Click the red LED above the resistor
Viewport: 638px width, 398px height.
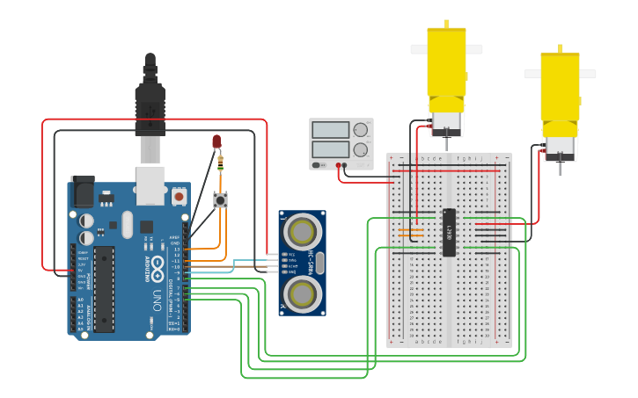click(216, 141)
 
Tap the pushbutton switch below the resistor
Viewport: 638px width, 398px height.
click(220, 200)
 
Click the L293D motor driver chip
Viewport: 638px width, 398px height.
click(449, 233)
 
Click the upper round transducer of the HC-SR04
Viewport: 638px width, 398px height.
click(303, 232)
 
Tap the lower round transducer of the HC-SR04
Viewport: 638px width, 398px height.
click(303, 291)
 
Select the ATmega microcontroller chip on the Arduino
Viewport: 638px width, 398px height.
click(105, 288)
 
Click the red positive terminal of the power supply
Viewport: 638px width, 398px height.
click(341, 164)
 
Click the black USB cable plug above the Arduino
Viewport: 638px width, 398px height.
click(150, 105)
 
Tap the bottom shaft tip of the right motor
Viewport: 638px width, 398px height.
click(561, 174)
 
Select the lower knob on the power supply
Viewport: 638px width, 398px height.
click(360, 150)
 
